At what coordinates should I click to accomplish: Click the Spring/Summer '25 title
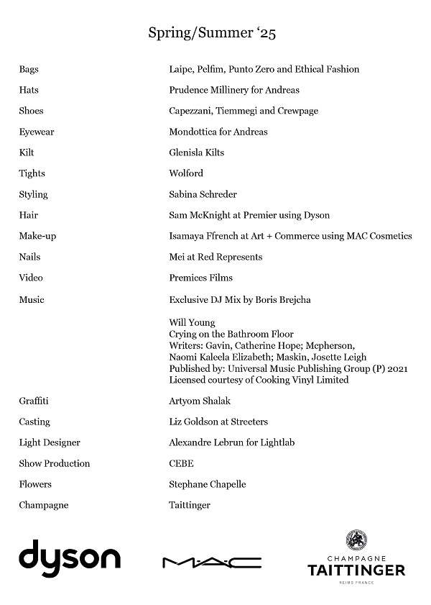[x=216, y=32]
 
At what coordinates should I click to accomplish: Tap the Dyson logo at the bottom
[x=70, y=558]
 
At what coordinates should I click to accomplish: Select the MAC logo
[x=212, y=562]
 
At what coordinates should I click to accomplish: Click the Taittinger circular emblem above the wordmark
[x=356, y=540]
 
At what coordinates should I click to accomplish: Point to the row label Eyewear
[x=36, y=132]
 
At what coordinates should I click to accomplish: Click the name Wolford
[x=186, y=173]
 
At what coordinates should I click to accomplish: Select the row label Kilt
[x=27, y=153]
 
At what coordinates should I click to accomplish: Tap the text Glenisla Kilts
[x=197, y=153]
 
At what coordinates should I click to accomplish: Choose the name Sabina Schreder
[x=203, y=194]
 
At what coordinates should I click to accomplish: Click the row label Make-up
[x=37, y=236]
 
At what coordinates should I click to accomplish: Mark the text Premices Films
[x=201, y=278]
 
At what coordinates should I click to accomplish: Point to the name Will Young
[x=192, y=322]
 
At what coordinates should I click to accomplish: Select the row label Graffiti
[x=34, y=401]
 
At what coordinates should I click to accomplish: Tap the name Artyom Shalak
[x=200, y=401]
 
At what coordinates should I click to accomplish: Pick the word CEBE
[x=181, y=463]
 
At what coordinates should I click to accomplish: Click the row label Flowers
[x=35, y=484]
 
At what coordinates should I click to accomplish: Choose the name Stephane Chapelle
[x=208, y=484]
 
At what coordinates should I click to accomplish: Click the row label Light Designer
[x=50, y=442]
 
